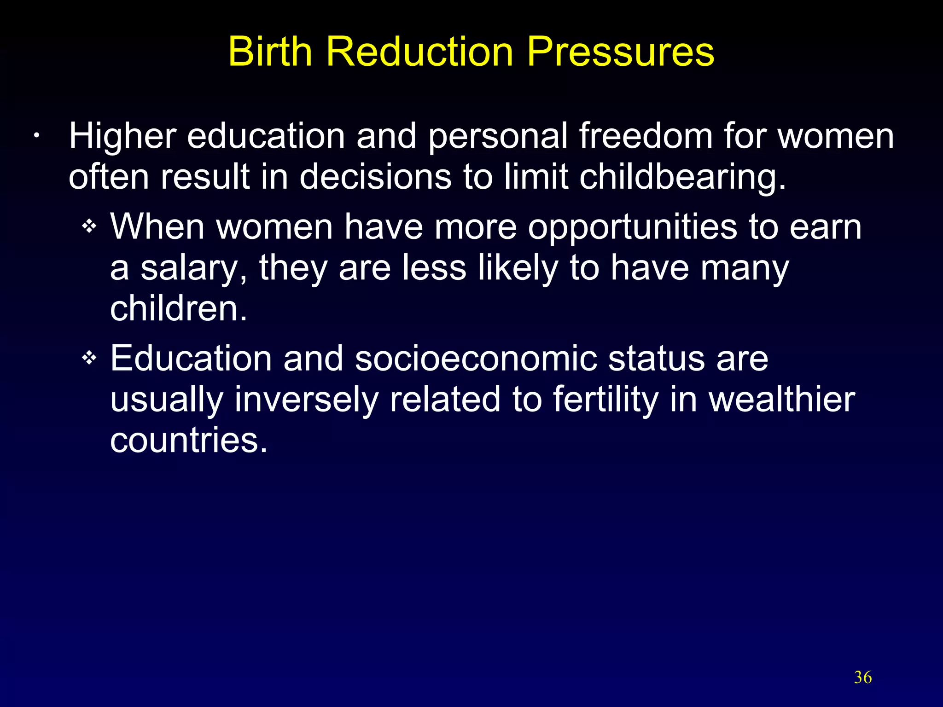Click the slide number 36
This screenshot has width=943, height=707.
click(x=862, y=677)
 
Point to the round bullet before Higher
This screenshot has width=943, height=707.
click(x=36, y=136)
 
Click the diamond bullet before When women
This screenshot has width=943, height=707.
click(x=89, y=226)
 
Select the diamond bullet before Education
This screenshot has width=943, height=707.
click(x=89, y=357)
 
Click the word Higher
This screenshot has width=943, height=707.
click(x=122, y=136)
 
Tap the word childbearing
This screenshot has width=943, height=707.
click(x=682, y=177)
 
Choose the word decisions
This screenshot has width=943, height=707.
click(x=375, y=177)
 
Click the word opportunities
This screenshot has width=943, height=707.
click(x=632, y=227)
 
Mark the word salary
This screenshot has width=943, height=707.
click(x=194, y=268)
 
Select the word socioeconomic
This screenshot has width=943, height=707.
click(x=476, y=358)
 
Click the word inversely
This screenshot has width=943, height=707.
click(x=306, y=399)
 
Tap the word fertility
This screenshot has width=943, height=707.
click(x=605, y=399)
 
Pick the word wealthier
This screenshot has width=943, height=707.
click(x=781, y=399)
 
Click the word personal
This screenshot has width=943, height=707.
click(x=498, y=136)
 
